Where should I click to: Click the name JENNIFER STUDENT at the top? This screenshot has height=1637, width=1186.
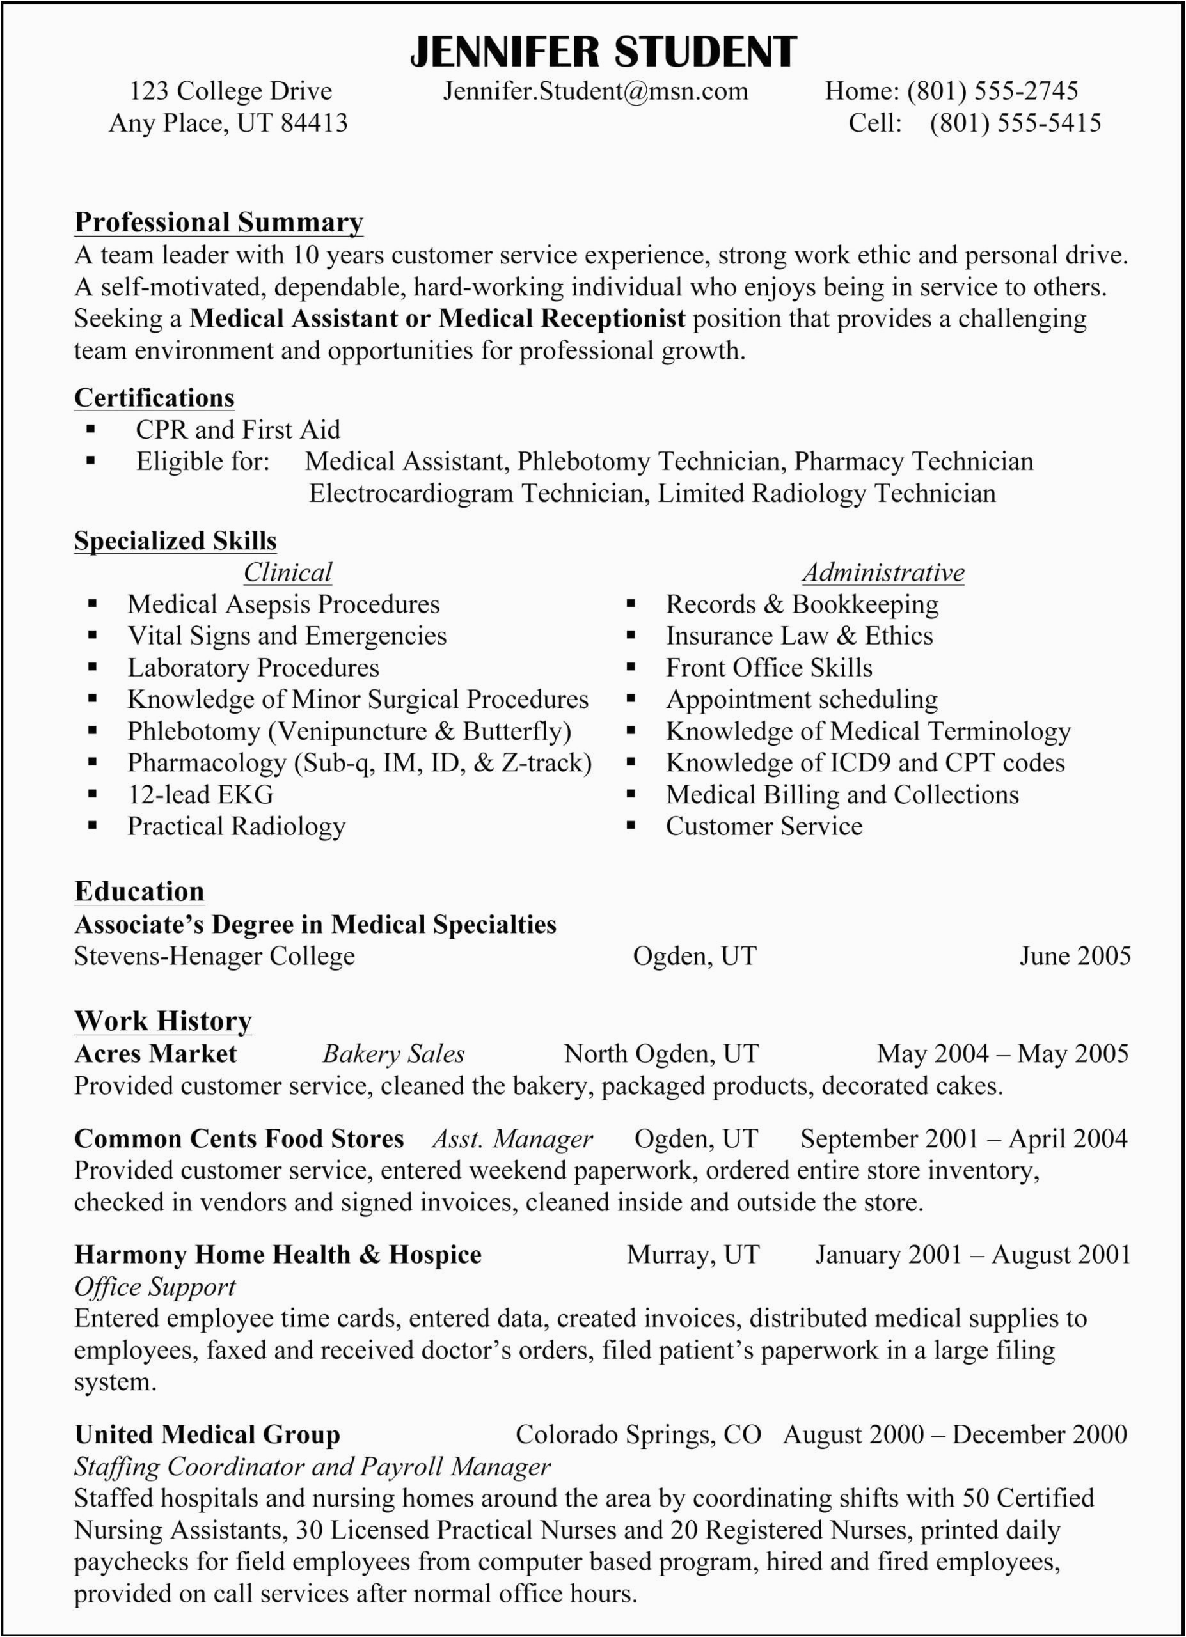coord(603,52)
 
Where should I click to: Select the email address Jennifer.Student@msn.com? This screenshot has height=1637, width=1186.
coord(596,91)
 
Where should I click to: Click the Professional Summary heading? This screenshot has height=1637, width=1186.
coord(219,223)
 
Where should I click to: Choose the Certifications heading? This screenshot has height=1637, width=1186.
coord(154,398)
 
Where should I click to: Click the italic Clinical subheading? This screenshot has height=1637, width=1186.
coord(287,572)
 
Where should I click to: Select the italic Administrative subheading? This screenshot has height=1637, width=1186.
coord(883,572)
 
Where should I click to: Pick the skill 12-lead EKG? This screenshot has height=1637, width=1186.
coord(201,795)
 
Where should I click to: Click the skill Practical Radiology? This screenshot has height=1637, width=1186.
coord(237,826)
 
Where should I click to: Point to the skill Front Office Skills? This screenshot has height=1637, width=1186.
coord(769,668)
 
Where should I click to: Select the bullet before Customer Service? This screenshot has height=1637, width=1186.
coord(631,825)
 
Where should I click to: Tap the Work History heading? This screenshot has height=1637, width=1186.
coord(163,1021)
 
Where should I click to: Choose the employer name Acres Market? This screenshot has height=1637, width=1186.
coord(155,1054)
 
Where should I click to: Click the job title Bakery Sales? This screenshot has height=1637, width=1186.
coord(393,1054)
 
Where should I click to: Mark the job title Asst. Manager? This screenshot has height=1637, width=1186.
coord(512,1139)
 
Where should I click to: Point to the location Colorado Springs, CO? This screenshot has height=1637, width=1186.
coord(638,1434)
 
